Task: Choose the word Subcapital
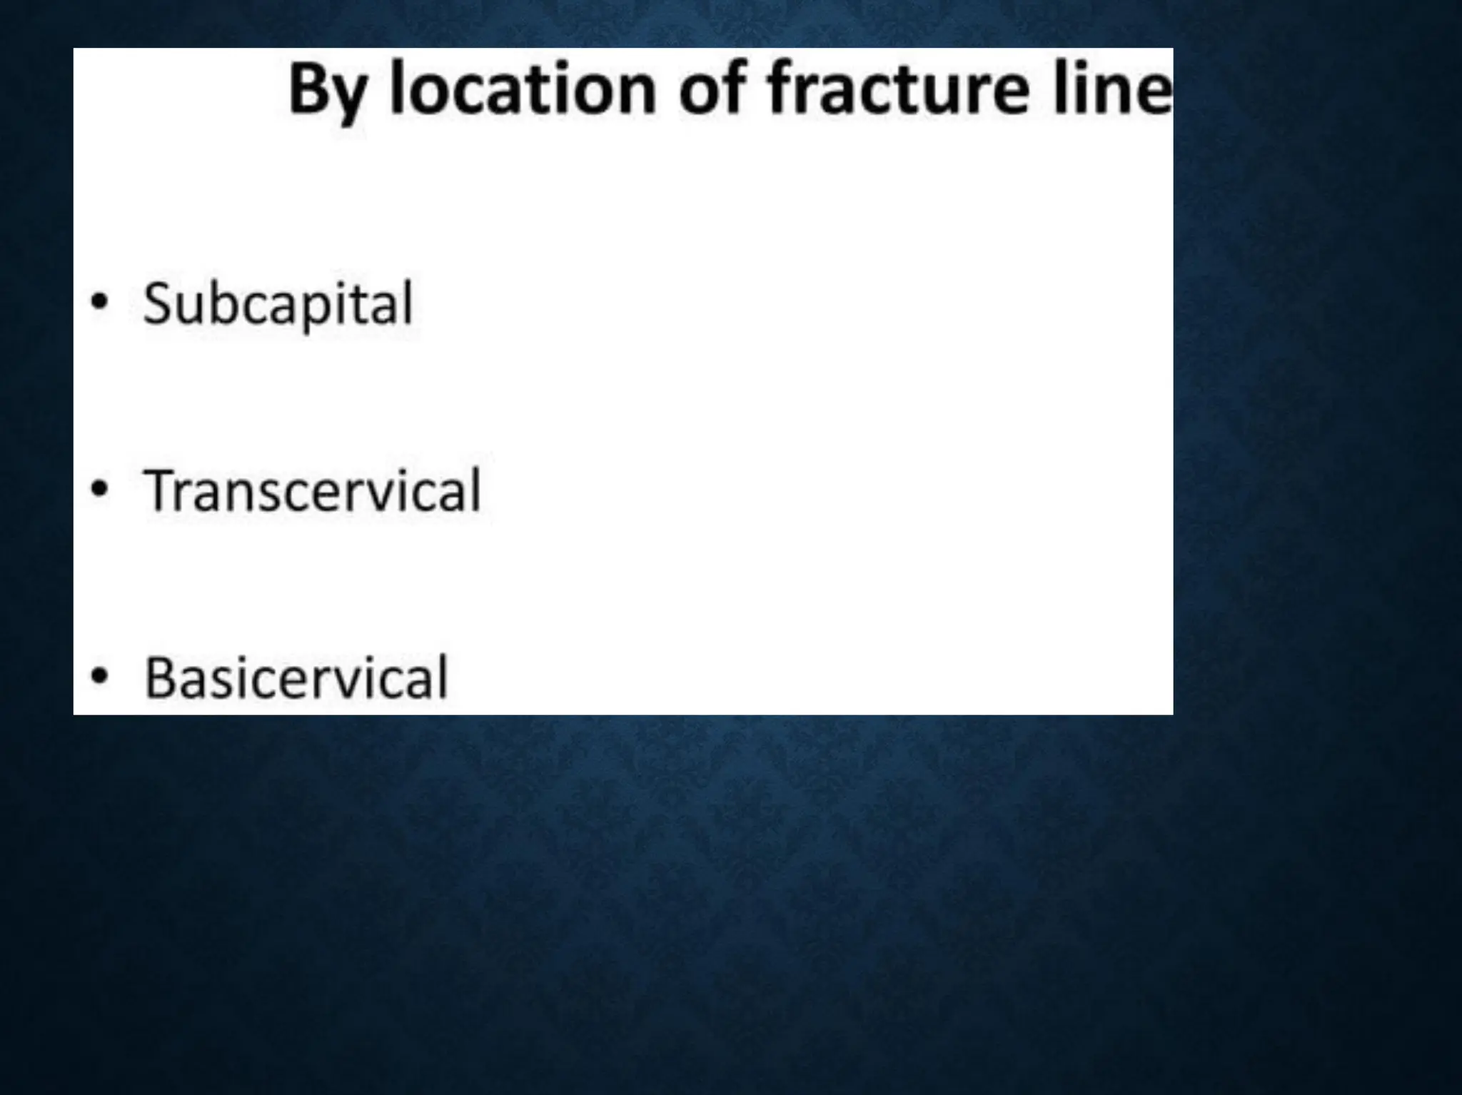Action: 278,304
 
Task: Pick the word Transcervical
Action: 313,490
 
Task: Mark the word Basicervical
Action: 296,677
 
